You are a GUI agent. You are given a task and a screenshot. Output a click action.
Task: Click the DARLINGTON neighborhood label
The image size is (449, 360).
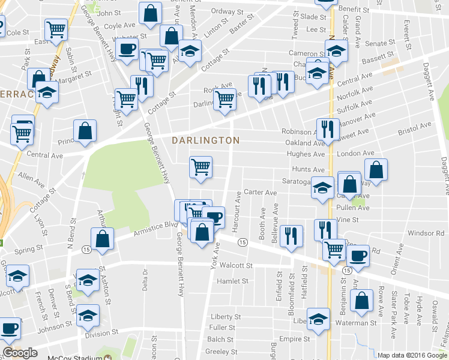(x=205, y=140)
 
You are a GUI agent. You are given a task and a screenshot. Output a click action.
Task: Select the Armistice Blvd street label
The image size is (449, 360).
(x=158, y=226)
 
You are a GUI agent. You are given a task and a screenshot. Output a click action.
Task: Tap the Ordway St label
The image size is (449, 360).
(x=226, y=11)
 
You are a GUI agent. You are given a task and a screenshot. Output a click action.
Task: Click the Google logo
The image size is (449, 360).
(x=20, y=353)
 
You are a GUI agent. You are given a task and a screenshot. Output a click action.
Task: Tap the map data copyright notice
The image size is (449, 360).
(x=412, y=355)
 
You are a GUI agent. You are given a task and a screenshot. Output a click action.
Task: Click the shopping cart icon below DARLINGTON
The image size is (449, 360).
(x=200, y=167)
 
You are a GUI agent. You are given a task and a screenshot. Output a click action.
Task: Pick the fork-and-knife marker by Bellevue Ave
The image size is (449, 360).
(x=291, y=235)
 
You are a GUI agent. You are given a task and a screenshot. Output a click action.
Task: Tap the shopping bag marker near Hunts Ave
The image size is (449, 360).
(x=376, y=169)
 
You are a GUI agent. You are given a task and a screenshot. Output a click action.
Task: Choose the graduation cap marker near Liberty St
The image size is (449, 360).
(x=318, y=319)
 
